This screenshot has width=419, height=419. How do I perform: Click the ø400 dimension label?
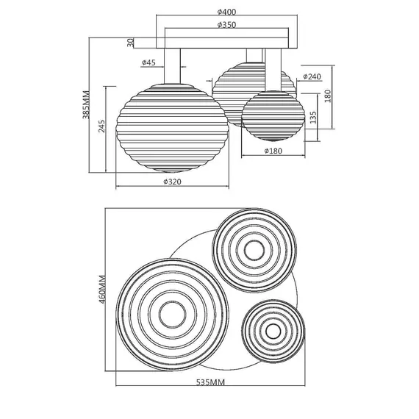(x=226, y=12)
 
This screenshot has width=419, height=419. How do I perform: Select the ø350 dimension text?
(x=226, y=25)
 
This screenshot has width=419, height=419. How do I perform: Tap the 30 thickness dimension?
(x=130, y=43)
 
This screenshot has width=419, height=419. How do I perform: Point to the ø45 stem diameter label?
(x=148, y=62)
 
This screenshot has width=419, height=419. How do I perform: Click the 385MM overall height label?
(x=86, y=104)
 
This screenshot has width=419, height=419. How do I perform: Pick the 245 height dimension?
(x=102, y=126)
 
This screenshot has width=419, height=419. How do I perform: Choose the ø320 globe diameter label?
(x=172, y=182)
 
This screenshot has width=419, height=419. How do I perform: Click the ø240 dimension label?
(x=312, y=76)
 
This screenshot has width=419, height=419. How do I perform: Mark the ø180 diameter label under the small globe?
(x=273, y=151)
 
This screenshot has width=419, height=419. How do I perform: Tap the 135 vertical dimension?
(x=312, y=118)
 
